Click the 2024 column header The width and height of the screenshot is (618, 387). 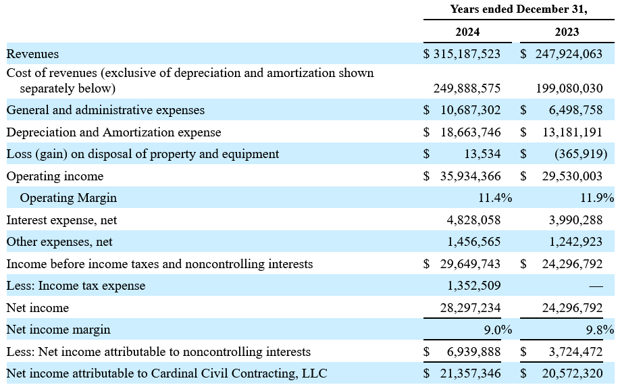[467, 32]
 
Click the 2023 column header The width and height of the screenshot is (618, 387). [567, 32]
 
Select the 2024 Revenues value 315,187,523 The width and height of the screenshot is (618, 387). [467, 53]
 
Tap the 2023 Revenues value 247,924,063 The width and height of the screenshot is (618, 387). [569, 53]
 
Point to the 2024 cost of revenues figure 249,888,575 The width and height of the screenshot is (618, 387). [467, 88]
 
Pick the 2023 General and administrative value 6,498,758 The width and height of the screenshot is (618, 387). [576, 110]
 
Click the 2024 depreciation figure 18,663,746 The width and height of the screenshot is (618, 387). [471, 132]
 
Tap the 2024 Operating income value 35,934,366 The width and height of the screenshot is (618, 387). [471, 176]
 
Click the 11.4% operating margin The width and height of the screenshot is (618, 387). [495, 197]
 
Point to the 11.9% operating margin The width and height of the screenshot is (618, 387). [597, 197]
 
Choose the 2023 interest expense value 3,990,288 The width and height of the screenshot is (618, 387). [576, 220]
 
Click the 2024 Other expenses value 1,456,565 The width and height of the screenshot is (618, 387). [473, 241]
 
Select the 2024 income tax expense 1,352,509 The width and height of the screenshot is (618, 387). [473, 285]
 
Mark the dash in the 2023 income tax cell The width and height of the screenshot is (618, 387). [596, 286]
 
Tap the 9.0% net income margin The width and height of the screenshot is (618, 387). [498, 330]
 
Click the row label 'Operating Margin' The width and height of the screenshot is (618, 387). [68, 198]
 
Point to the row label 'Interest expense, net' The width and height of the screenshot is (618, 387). [61, 220]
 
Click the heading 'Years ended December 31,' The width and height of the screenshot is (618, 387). [519, 9]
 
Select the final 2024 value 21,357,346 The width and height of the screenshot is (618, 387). [471, 373]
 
